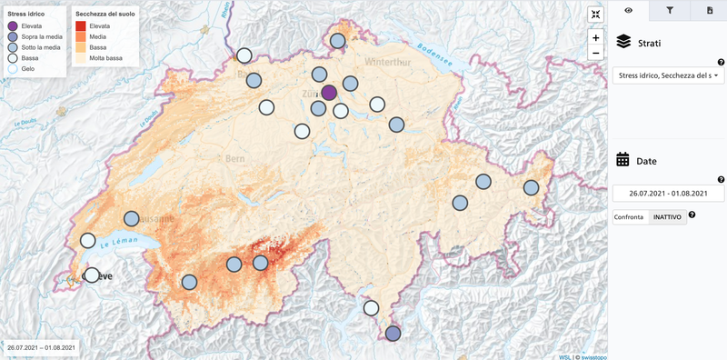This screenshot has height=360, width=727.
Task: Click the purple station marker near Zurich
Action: click(329, 92)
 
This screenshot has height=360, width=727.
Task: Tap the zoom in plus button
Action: click(595, 38)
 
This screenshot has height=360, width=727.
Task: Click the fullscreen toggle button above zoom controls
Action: click(595, 14)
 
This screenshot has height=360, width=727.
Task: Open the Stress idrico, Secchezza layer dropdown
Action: click(668, 76)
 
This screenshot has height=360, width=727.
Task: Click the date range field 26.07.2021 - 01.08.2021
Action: click(668, 193)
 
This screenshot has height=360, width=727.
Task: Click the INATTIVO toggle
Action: click(667, 216)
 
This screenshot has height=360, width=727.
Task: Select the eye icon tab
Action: click(629, 11)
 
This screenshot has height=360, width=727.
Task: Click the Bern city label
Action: click(235, 158)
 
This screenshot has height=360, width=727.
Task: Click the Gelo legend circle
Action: click(13, 66)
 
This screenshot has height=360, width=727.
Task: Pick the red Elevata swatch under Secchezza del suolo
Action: click(80, 26)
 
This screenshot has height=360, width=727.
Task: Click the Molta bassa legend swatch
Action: click(80, 57)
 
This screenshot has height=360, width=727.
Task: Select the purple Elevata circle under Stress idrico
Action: click(13, 26)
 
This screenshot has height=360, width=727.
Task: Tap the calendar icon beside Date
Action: click(623, 160)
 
